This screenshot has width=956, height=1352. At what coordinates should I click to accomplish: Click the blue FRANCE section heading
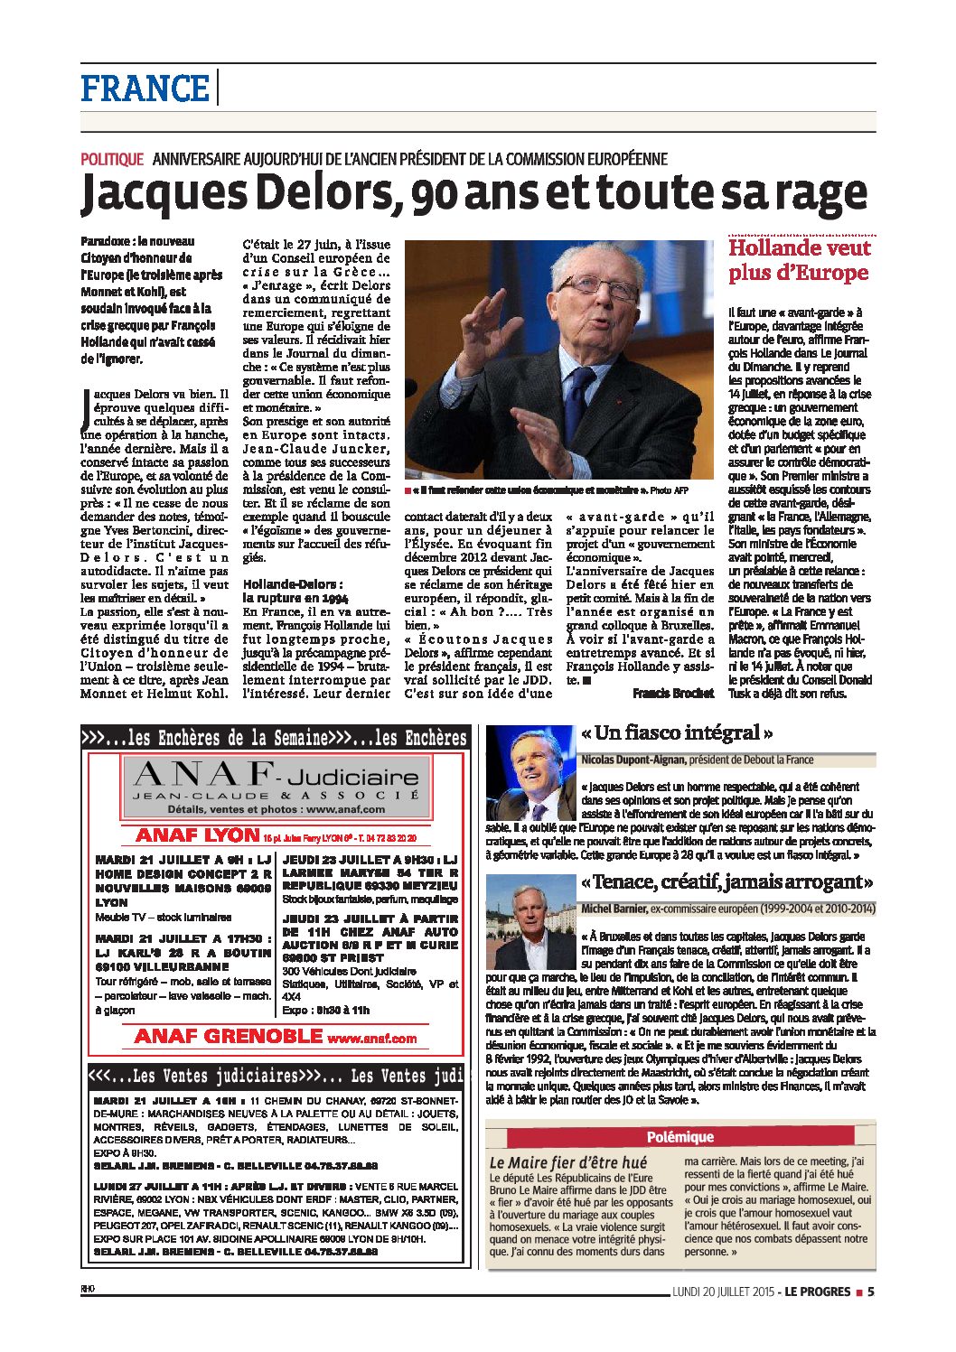(x=145, y=89)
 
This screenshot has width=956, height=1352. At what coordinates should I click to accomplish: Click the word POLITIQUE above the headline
(x=112, y=159)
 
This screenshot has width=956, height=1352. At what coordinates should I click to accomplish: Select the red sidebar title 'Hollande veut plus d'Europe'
(x=799, y=260)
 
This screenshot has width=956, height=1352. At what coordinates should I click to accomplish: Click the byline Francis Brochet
(x=673, y=693)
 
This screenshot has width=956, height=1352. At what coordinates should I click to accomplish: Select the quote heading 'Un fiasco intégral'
(x=677, y=732)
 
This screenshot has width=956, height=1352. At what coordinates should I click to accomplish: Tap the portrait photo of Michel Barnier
(x=530, y=921)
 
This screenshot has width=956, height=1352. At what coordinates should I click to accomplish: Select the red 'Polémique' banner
(x=680, y=1137)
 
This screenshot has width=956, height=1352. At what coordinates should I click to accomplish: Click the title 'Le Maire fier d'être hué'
(x=568, y=1162)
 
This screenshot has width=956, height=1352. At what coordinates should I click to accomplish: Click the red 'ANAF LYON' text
(x=197, y=835)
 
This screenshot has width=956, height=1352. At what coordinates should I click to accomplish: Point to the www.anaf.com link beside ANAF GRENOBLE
(x=372, y=1039)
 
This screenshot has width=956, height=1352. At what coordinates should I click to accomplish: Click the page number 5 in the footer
(x=870, y=1291)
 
